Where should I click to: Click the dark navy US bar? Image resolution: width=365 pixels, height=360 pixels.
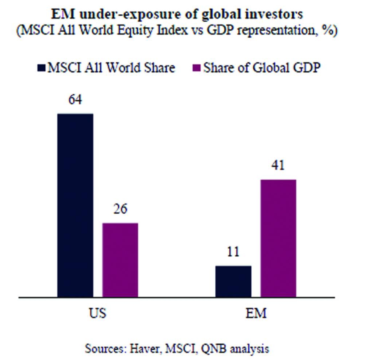tap(75, 205)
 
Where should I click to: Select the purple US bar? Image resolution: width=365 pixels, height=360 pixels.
tap(120, 260)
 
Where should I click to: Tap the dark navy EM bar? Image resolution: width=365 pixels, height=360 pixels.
tap(233, 281)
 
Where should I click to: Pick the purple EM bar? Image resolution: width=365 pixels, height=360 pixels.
tap(278, 238)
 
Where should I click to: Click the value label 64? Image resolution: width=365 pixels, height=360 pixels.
tap(75, 100)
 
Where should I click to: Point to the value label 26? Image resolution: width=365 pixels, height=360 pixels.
tap(120, 209)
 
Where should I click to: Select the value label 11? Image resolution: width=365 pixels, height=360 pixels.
tap(233, 252)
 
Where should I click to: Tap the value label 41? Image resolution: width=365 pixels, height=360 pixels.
tap(278, 165)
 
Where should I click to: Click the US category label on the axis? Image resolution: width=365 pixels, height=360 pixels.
tap(98, 313)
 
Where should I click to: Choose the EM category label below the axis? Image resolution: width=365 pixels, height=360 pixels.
tap(256, 313)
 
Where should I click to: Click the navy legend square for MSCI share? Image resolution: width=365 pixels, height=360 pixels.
tap(42, 68)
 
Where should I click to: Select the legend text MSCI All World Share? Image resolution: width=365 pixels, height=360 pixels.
tap(111, 68)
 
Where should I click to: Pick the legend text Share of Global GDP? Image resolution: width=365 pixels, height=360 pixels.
tap(262, 68)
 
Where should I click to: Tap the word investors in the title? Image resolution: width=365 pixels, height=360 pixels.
tap(275, 15)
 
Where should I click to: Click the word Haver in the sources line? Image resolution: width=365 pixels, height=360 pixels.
tap(144, 348)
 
